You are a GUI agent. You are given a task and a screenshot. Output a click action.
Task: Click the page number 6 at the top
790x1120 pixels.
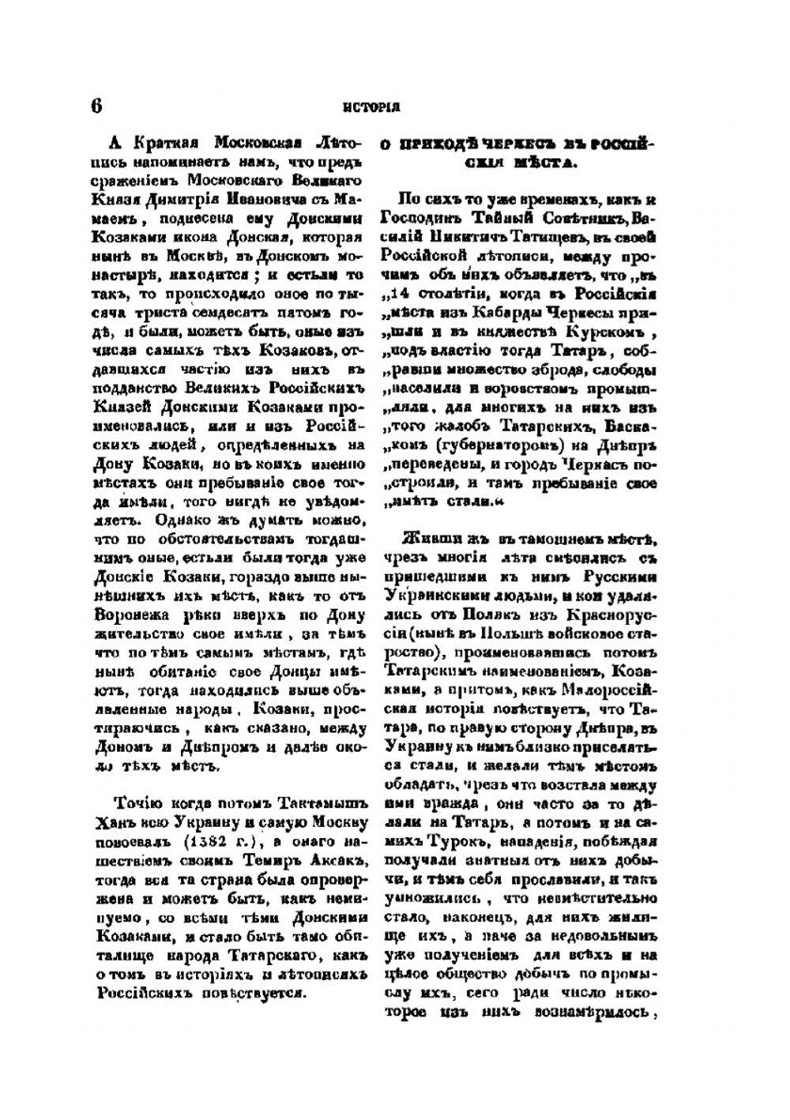[96, 105]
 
